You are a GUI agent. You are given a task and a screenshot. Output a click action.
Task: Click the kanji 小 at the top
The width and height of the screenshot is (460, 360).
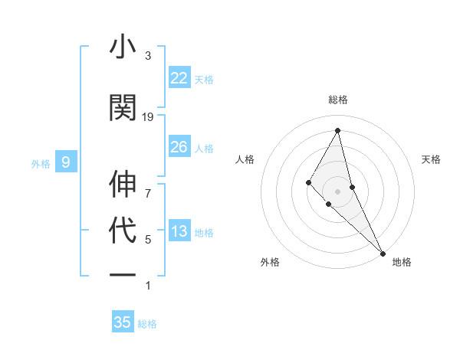pyautogui.click(x=123, y=47)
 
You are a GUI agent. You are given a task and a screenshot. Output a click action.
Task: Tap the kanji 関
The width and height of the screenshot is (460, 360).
pyautogui.click(x=123, y=106)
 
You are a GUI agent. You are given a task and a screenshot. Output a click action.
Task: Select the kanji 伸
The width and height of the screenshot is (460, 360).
pyautogui.click(x=123, y=185)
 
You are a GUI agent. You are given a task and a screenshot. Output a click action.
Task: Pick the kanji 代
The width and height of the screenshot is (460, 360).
pyautogui.click(x=123, y=231)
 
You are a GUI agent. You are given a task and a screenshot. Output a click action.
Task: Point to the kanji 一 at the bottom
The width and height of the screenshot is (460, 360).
pyautogui.click(x=123, y=273)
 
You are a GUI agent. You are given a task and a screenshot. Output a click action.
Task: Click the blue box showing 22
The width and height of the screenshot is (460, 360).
pyautogui.click(x=179, y=78)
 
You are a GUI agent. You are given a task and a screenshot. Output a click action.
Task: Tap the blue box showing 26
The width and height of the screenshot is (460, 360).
pyautogui.click(x=179, y=147)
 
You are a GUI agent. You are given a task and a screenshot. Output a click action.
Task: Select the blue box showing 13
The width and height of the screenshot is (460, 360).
pyautogui.click(x=179, y=232)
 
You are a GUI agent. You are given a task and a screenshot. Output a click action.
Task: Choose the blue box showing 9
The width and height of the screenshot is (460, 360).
pyautogui.click(x=66, y=162)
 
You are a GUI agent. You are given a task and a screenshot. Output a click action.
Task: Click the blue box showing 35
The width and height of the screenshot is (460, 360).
pyautogui.click(x=123, y=322)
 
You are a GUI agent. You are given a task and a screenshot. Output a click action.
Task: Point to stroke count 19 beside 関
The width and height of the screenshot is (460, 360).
pyautogui.click(x=148, y=117)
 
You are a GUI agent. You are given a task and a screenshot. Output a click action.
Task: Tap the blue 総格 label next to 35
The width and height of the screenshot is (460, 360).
pyautogui.click(x=147, y=324)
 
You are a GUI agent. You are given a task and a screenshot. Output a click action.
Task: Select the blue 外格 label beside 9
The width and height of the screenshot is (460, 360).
pyautogui.click(x=41, y=163)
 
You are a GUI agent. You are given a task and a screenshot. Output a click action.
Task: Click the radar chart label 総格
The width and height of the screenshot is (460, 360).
pyautogui.click(x=338, y=100)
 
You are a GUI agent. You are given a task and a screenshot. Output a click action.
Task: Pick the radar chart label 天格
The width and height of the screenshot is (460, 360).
pyautogui.click(x=431, y=159)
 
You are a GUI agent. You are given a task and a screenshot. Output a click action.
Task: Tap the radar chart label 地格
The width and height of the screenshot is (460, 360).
pyautogui.click(x=402, y=262)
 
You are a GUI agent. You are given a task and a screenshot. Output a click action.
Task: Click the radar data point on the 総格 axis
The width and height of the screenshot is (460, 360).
pyautogui.click(x=338, y=130)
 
